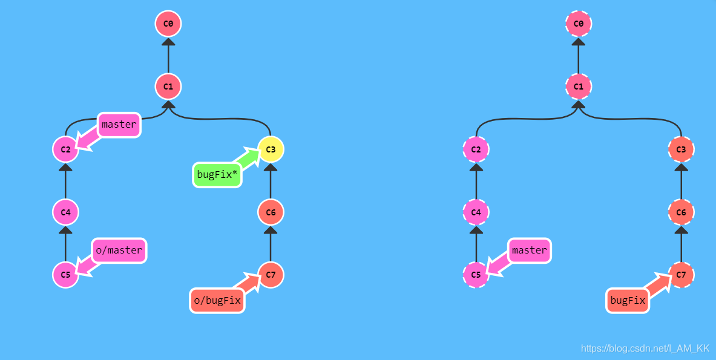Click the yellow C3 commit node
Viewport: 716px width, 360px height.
(271, 149)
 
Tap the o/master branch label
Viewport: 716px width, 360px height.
(119, 250)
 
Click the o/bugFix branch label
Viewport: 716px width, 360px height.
(217, 301)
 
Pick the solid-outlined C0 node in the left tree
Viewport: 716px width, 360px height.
(168, 24)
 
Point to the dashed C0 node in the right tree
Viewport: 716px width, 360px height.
(579, 24)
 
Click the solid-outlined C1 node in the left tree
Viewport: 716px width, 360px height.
(168, 87)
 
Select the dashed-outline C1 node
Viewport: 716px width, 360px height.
(579, 87)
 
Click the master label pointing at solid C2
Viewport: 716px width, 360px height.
(119, 125)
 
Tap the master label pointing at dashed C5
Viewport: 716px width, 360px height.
(530, 250)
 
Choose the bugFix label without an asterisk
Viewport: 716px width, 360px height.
(628, 301)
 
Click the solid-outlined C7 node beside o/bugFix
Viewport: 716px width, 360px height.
(271, 275)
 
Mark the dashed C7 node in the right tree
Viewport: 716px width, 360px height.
(682, 275)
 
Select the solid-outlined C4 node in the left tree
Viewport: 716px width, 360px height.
(65, 212)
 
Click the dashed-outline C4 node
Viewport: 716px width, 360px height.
(476, 212)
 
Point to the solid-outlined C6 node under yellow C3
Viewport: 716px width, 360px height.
(271, 212)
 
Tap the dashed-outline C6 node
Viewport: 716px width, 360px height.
(682, 212)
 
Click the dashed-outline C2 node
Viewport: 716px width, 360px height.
(476, 149)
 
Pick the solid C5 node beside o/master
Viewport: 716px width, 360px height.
(65, 275)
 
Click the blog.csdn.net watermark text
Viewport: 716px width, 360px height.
(645, 349)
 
